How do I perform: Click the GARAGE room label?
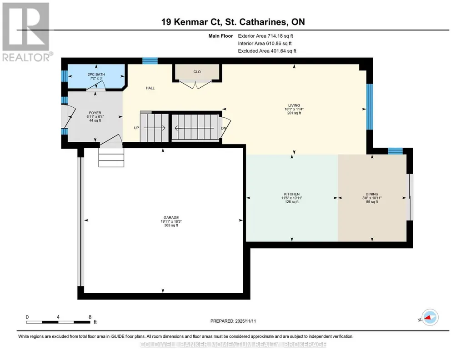coord(171,217)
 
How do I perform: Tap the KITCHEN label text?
coord(291,194)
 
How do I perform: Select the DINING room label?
coord(372,194)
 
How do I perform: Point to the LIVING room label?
coord(294,105)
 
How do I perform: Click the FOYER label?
coord(95,113)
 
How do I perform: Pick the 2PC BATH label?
coord(96,74)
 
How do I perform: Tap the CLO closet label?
coord(197,71)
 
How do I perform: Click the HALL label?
coord(150,88)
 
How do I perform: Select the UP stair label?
coord(136,128)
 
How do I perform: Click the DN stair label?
coord(224,128)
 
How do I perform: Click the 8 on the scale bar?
coord(90,317)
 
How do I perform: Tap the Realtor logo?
coord(26,32)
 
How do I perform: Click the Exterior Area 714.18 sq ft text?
coord(266,36)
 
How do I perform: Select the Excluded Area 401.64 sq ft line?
coord(267,51)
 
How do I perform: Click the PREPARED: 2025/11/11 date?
coord(233,321)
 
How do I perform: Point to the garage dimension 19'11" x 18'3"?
coord(171,221)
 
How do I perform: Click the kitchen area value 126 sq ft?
coord(291,202)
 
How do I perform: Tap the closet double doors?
coord(195,84)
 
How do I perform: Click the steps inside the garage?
coord(111,157)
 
